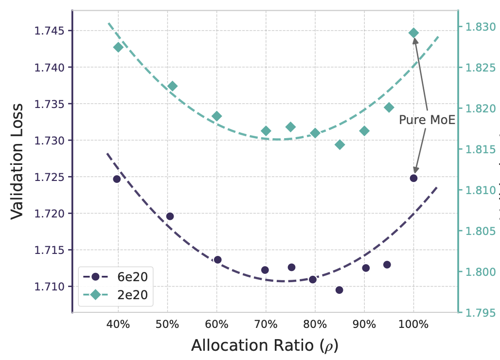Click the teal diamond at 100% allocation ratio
[413, 33]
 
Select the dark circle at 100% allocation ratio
[413, 178]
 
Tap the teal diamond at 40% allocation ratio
[118, 47]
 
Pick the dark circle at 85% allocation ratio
[339, 290]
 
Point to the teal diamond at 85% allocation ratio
[339, 144]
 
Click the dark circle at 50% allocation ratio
[170, 216]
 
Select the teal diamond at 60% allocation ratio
[217, 116]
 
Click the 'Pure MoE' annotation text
[427, 120]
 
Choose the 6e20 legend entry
[116, 276]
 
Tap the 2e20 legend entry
[116, 294]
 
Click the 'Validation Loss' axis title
[18, 161]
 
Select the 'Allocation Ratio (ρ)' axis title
[265, 345]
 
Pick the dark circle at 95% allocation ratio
[387, 265]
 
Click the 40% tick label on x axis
[118, 324]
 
